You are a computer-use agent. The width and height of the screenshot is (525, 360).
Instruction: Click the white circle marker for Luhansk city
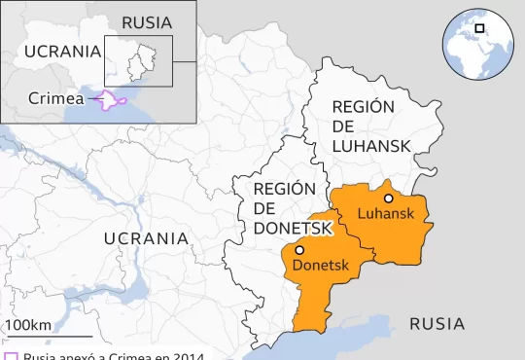(x=389, y=198)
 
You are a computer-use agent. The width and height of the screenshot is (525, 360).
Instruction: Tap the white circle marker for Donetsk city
(x=299, y=250)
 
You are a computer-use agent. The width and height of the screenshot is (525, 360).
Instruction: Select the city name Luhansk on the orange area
(x=386, y=214)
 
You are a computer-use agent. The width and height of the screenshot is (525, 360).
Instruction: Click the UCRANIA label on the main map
(x=146, y=237)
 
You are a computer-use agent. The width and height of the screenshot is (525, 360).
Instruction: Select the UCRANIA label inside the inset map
(x=62, y=52)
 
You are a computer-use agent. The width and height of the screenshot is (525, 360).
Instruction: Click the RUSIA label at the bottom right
(x=437, y=324)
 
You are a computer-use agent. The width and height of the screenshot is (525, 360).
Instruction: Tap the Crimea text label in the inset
(x=55, y=98)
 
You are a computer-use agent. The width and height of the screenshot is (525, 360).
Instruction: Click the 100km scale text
(x=29, y=324)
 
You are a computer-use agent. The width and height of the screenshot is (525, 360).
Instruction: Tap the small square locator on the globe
(x=479, y=28)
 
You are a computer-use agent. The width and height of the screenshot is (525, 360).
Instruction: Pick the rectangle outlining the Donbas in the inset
(x=138, y=61)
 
